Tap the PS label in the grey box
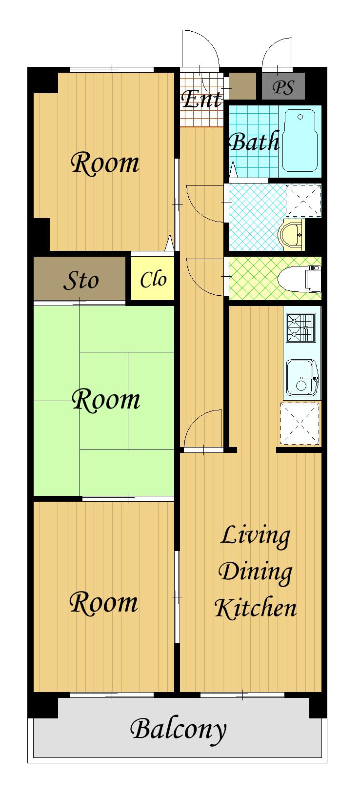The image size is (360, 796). [x=283, y=87]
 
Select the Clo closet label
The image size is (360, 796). [x=153, y=279]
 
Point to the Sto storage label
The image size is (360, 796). [x=81, y=280]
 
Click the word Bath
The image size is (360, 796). [x=254, y=142]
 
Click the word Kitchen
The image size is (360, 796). [x=256, y=609]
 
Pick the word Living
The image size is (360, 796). [x=255, y=536]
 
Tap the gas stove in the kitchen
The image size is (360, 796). [x=301, y=327]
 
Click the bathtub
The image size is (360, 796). [x=299, y=141]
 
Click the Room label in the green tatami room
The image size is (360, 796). [x=106, y=400]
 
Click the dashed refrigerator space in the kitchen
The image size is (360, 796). [x=300, y=423]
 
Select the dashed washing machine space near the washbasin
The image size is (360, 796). [x=303, y=201]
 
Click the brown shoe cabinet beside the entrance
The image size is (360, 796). [x=242, y=86]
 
